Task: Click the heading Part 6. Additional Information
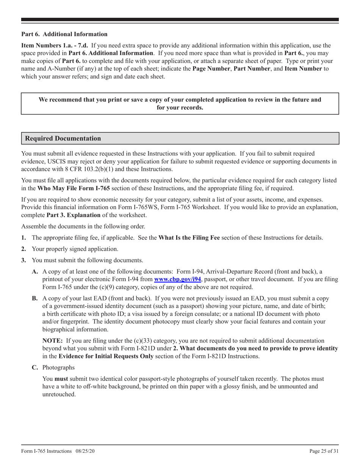point(64,34)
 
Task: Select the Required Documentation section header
point(63,138)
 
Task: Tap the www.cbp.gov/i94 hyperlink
point(178,280)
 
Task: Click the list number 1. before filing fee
point(23,238)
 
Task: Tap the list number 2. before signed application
point(23,249)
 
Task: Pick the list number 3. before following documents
point(23,260)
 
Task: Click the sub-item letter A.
point(35,272)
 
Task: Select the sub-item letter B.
point(35,299)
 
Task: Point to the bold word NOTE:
point(53,341)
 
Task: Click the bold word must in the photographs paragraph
point(61,379)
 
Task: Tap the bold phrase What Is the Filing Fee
point(189,238)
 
